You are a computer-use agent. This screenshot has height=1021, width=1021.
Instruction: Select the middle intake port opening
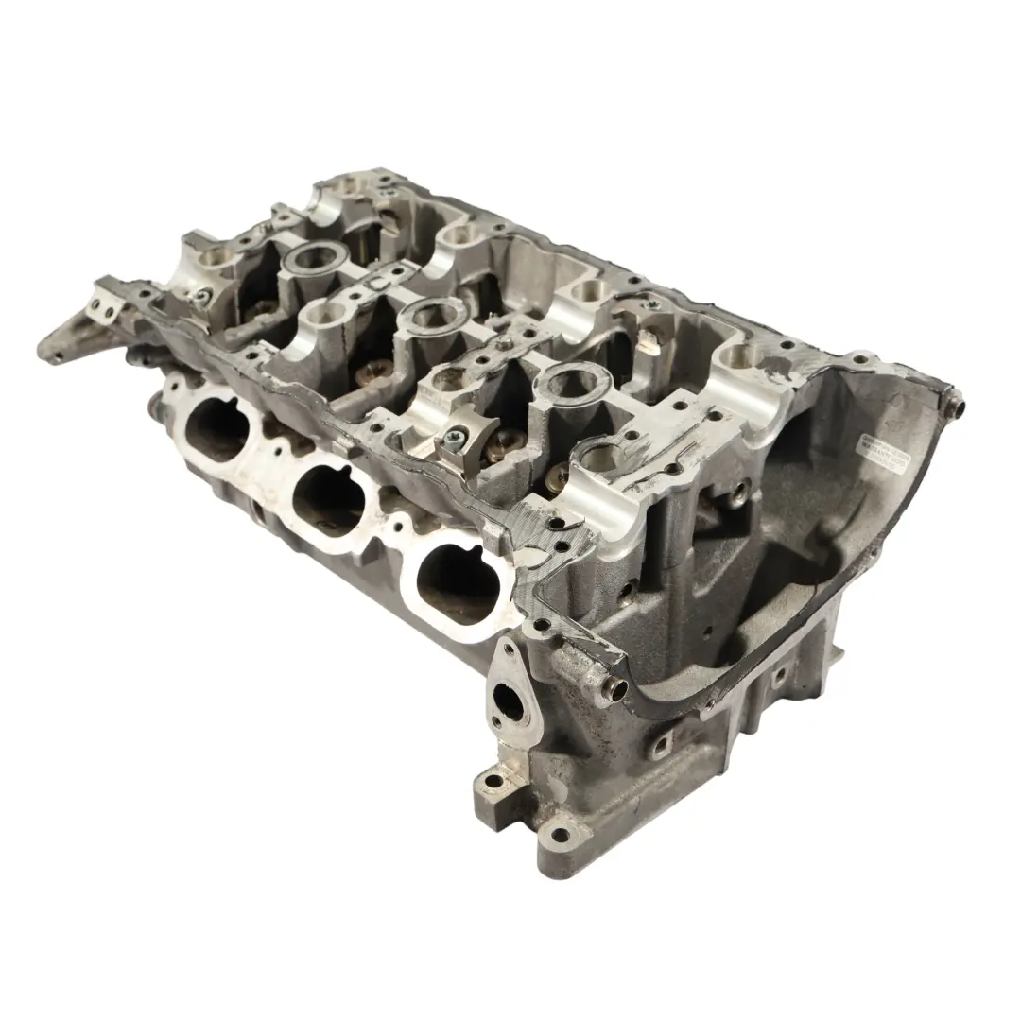[x=324, y=494]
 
